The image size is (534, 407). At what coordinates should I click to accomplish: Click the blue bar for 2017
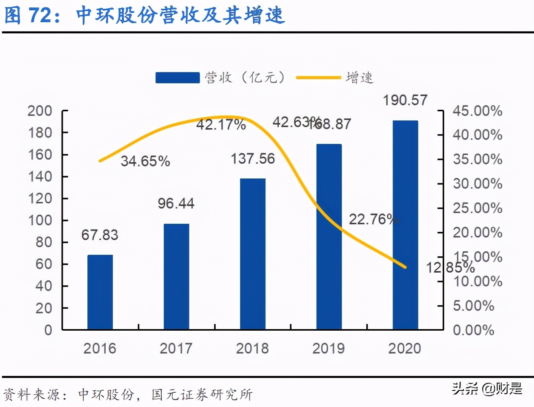point(176,277)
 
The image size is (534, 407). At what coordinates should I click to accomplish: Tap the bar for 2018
point(253,254)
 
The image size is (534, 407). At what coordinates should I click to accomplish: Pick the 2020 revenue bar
point(405,225)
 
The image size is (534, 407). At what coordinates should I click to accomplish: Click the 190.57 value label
point(405,100)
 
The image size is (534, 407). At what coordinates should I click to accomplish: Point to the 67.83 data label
point(100,235)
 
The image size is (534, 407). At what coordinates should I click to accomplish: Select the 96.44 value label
point(176,203)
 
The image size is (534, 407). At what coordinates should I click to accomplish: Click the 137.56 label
point(253,159)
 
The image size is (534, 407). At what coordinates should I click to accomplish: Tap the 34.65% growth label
point(145,161)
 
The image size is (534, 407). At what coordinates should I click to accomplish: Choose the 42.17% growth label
point(221,125)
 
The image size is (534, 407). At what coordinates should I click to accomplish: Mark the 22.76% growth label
point(373,219)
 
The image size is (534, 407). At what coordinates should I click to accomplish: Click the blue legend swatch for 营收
point(177,78)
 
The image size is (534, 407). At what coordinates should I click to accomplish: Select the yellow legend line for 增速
point(319,78)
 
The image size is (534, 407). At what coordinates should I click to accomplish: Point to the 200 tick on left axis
point(40,111)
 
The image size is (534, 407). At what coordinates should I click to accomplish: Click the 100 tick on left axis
point(40,220)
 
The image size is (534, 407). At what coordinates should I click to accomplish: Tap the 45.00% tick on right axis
point(478,111)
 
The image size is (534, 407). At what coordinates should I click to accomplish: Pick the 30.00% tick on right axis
point(478,184)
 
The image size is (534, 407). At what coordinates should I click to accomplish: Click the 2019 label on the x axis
point(329,349)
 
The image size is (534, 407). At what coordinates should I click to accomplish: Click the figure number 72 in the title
point(41,15)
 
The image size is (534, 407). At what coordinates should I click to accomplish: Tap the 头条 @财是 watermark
point(487,388)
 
